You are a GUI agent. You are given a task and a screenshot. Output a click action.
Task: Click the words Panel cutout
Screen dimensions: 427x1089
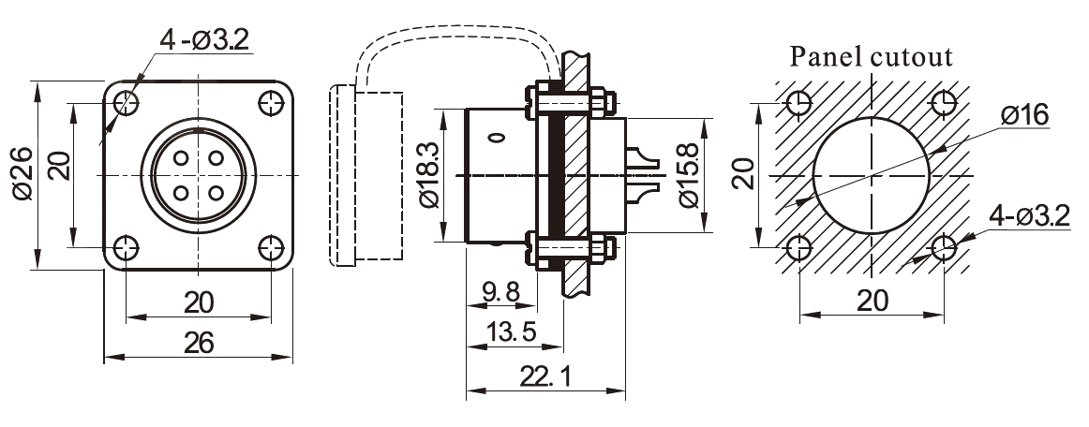click(x=872, y=56)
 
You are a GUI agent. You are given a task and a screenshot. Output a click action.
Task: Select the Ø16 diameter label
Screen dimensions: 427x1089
click(x=1023, y=115)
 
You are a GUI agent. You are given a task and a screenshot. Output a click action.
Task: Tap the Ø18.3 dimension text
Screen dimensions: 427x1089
click(x=427, y=176)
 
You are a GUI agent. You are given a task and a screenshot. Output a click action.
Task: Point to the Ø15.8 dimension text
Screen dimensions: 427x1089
click(x=686, y=176)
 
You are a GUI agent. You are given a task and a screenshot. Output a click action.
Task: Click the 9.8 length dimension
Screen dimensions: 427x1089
click(x=500, y=292)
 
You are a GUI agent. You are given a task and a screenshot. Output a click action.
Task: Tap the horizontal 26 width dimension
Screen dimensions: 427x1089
click(x=198, y=343)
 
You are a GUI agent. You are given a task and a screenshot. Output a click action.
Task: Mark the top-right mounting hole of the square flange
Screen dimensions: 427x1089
click(x=272, y=102)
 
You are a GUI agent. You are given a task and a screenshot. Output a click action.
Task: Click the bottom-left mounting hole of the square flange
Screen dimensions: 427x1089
click(x=125, y=248)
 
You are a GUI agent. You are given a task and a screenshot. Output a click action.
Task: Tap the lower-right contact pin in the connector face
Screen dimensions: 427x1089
click(x=216, y=194)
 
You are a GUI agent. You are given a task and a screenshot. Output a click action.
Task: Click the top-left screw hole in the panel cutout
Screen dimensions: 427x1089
click(x=798, y=103)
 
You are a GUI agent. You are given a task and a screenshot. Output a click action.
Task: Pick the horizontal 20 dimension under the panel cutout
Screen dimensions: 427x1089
click(x=872, y=301)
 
